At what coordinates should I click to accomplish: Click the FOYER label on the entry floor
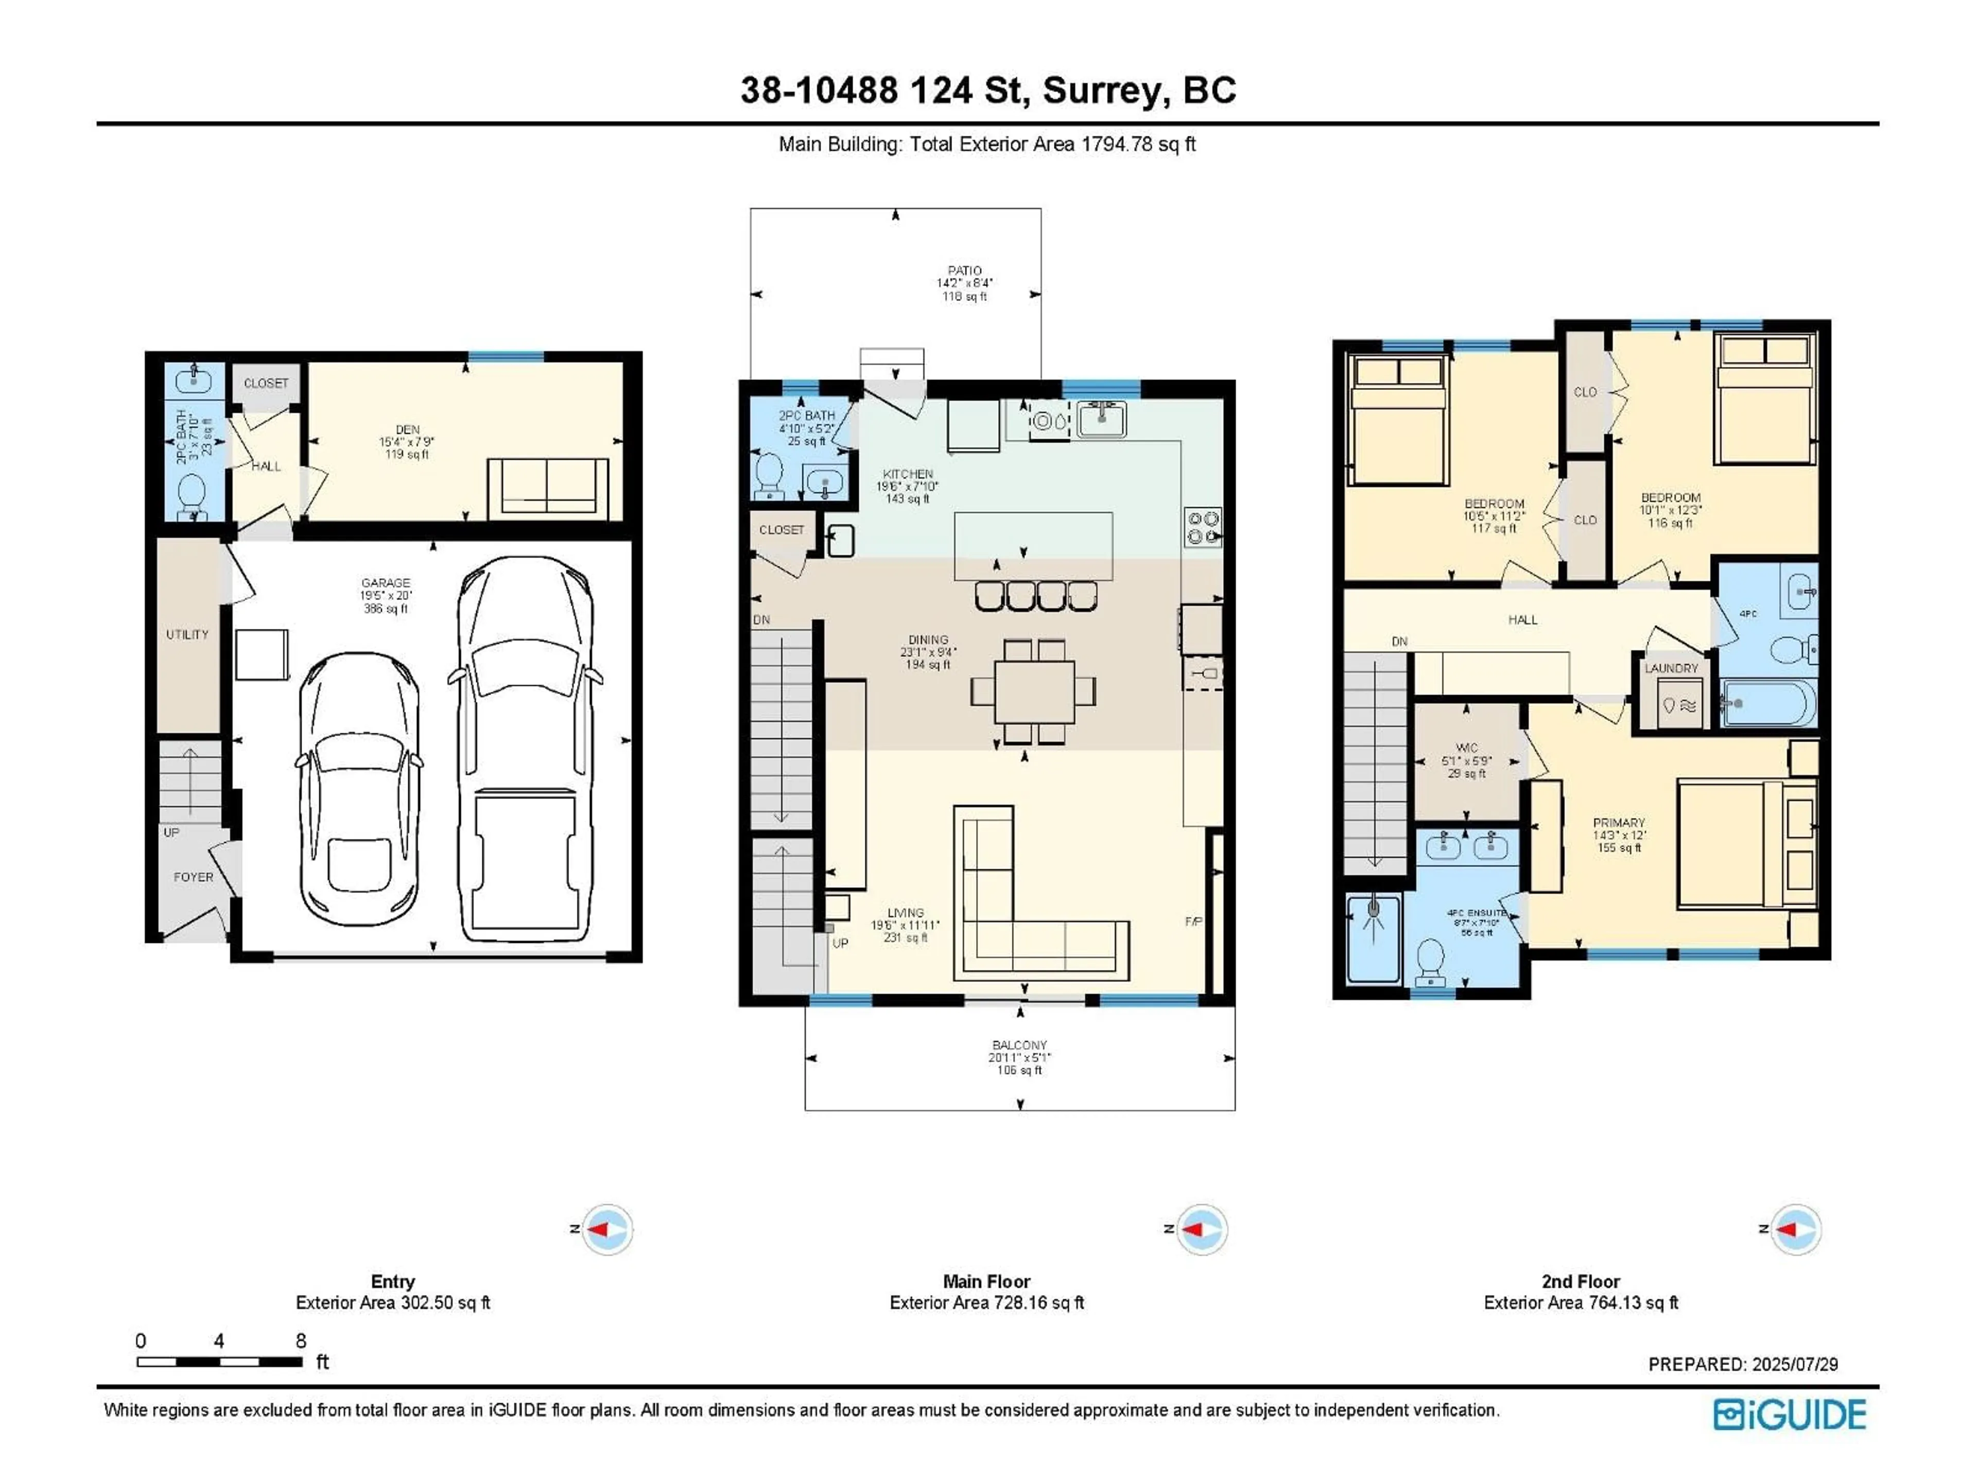(193, 877)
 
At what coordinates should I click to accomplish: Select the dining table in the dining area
(1034, 691)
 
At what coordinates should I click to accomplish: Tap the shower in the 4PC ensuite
(1373, 939)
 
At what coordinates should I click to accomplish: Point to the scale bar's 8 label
(301, 1341)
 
